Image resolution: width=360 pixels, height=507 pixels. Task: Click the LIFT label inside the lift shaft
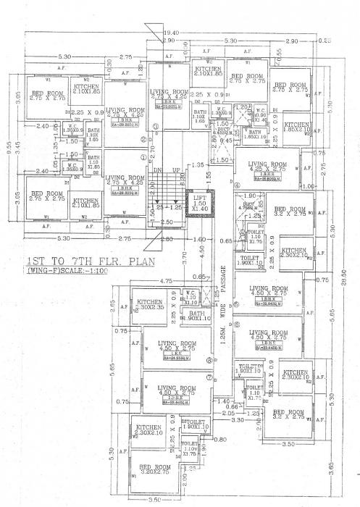click(198, 197)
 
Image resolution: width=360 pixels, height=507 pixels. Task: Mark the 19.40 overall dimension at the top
click(171, 33)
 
